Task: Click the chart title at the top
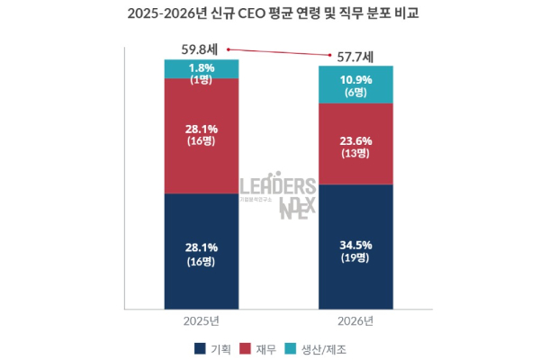click(x=269, y=14)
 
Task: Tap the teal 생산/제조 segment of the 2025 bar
click(x=201, y=69)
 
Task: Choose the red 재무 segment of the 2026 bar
click(x=355, y=144)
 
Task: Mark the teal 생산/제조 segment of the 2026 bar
click(x=355, y=85)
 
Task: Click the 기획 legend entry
click(x=209, y=347)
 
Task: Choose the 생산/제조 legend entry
click(x=318, y=347)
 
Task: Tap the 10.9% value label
click(x=355, y=79)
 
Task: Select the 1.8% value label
click(x=201, y=67)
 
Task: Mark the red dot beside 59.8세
click(x=229, y=49)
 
